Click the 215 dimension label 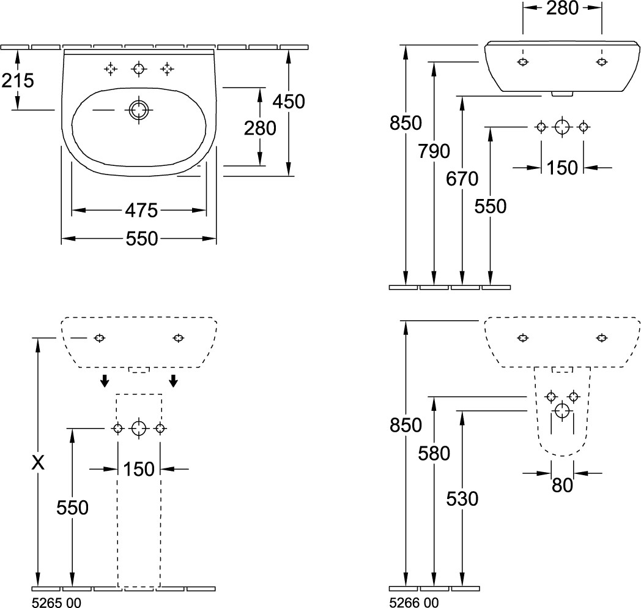18,80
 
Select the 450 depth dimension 289,101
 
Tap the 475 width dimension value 141,211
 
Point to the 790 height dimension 434,151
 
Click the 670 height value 462,179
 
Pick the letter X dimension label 39,464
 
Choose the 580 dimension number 434,453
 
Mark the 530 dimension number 462,499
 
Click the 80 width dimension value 562,485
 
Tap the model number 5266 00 414,602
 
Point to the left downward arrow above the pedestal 105,381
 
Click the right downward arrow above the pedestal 174,381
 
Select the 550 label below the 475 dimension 141,238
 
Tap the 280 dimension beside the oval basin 260,128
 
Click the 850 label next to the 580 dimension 406,424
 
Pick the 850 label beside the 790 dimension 406,123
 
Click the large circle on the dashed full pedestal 139,428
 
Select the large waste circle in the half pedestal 562,410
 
